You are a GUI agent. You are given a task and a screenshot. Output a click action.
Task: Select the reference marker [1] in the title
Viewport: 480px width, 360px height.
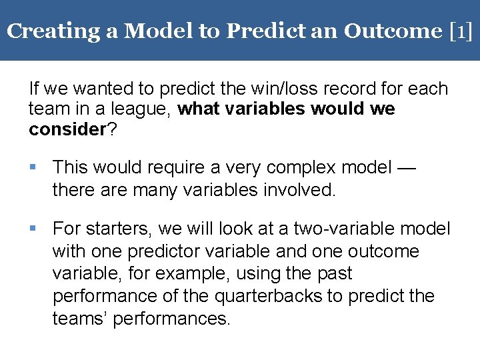pyautogui.click(x=461, y=31)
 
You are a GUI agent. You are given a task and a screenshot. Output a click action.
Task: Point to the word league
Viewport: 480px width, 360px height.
pyautogui.click(x=147, y=109)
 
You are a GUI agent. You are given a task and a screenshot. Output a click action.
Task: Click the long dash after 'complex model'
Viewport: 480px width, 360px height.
pyautogui.click(x=405, y=167)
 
